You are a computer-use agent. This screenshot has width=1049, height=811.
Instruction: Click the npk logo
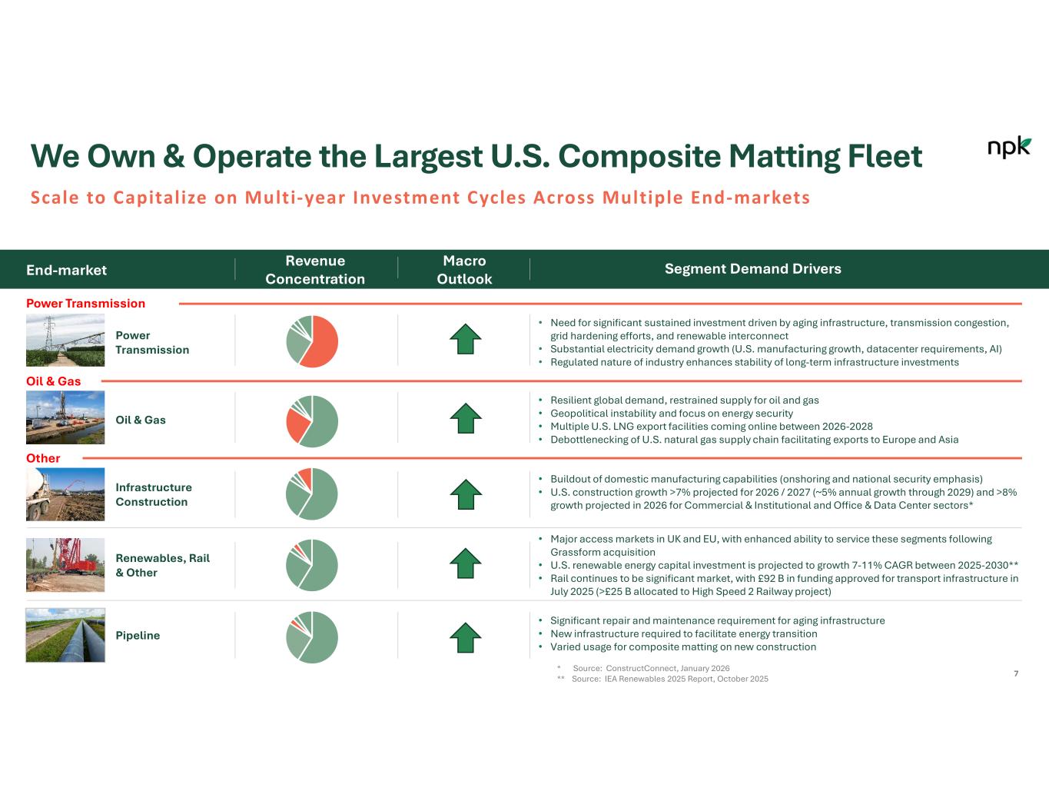pos(1009,147)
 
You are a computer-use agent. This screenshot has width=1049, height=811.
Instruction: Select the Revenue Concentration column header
pos(315,269)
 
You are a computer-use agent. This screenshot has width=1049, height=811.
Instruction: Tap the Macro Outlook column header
pos(464,269)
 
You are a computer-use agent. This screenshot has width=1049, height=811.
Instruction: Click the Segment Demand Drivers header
pos(752,268)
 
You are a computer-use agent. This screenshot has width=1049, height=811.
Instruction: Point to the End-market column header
pos(66,270)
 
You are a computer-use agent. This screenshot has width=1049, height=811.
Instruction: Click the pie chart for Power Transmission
pos(312,341)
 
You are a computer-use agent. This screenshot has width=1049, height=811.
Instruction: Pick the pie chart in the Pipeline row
pos(312,637)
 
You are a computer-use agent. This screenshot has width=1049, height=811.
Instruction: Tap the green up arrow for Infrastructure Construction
pos(466,494)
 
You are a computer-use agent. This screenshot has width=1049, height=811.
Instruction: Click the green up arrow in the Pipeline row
pos(466,638)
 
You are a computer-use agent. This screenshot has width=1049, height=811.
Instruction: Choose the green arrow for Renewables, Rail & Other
pos(466,563)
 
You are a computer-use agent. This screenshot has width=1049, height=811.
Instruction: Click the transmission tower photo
pos(65,341)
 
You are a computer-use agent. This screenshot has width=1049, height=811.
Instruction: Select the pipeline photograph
pos(65,635)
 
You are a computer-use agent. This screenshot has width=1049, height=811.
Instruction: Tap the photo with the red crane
pos(65,565)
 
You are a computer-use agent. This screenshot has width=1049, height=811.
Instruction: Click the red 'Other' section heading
pos(43,458)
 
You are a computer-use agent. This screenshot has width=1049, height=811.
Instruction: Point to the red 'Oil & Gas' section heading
pos(53,381)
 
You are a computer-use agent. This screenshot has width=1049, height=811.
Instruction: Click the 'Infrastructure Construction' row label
pos(154,494)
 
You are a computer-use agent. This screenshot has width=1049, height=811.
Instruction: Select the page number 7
pos(1016,673)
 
